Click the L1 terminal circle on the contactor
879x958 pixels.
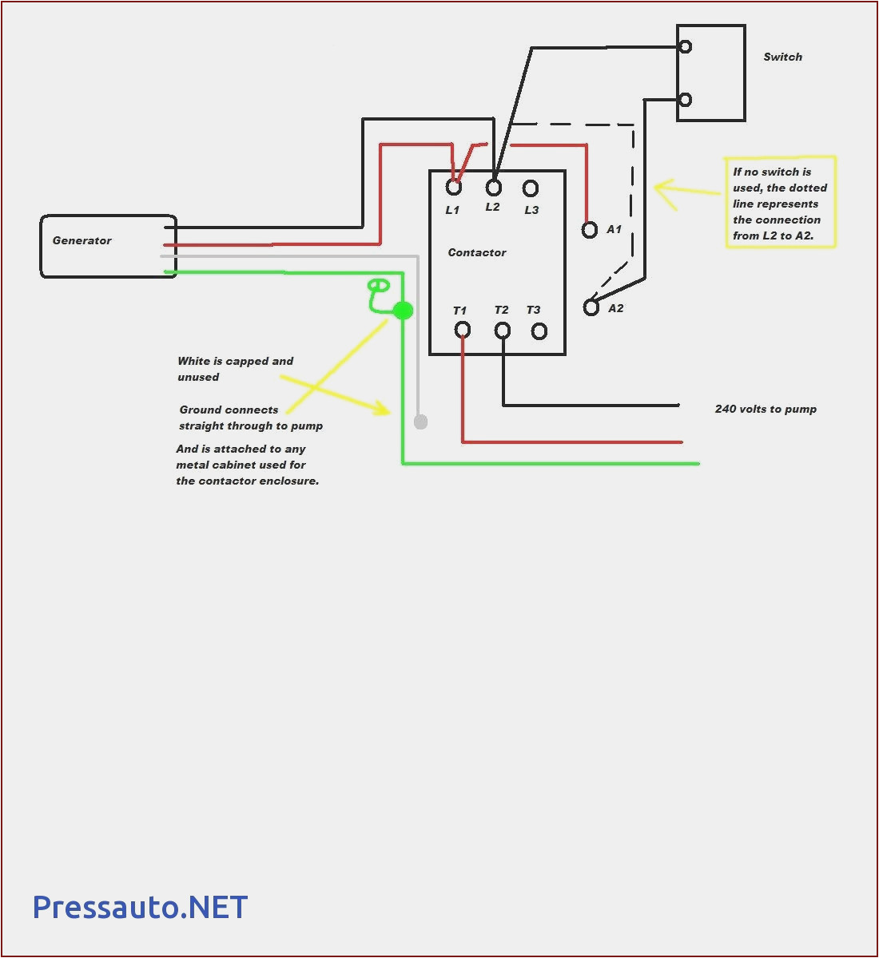pos(454,188)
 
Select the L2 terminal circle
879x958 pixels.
pos(494,188)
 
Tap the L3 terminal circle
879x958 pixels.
pos(531,188)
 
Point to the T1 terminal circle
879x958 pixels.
pos(462,330)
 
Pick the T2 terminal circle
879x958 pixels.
pos(503,330)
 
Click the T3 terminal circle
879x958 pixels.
pos(539,331)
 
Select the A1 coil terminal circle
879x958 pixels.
pos(590,230)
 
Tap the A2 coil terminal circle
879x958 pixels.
pos(591,307)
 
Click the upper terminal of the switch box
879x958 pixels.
pos(685,47)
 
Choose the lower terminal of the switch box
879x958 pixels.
pos(685,100)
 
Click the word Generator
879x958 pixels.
pos(82,240)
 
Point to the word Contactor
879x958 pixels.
pos(477,252)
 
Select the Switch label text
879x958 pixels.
pos(782,57)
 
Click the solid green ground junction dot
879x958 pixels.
pos(404,311)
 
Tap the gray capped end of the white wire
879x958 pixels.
pos(420,422)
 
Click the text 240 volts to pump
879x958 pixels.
pos(766,409)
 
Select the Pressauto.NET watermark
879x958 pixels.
pos(140,907)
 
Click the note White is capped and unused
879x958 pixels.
pos(236,369)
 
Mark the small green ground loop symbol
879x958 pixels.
pos(378,286)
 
